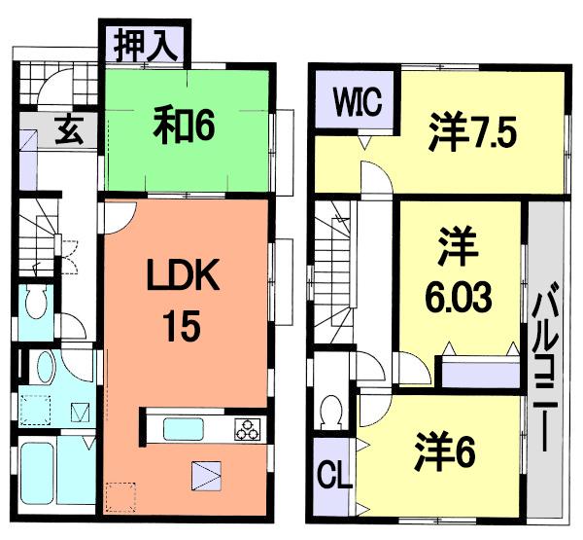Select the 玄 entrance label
[67, 127]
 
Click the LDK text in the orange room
[185, 280]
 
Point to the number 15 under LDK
[183, 325]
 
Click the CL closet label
[334, 479]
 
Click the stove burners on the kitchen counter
[246, 428]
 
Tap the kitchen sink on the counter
[184, 428]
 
